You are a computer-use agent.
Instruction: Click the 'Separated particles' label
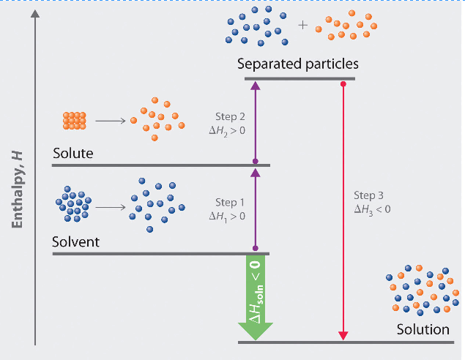pos(298,64)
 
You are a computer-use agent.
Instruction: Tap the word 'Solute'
pos(74,154)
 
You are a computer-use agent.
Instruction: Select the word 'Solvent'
pos(76,242)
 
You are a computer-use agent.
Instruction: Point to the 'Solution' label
pos(423,329)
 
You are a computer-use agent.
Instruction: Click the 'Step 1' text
pos(228,203)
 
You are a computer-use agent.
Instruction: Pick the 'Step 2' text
pos(228,116)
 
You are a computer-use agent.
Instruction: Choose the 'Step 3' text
pos(368,195)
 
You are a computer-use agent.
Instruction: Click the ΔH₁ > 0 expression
pos(227,216)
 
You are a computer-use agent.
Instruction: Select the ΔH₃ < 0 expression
pos(372,209)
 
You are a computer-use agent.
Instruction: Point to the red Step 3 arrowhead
pos(342,335)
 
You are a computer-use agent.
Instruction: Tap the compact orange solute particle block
pos(74,120)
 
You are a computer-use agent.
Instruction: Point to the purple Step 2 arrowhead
pos(255,86)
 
